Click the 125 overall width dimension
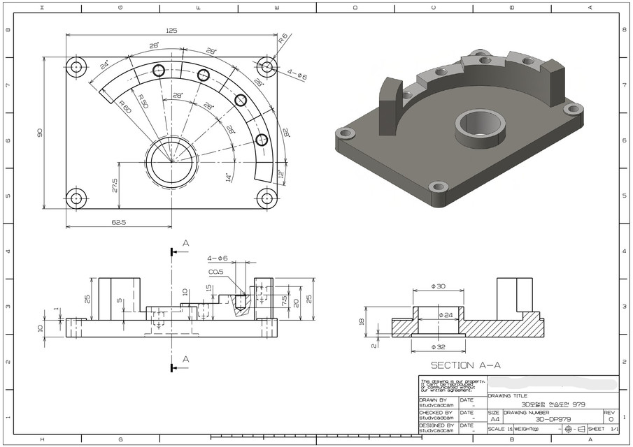(171, 31)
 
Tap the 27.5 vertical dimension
(114, 185)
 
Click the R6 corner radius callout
(283, 39)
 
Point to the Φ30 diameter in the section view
(437, 286)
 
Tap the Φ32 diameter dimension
(438, 346)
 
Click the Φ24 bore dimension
(446, 316)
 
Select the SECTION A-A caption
(465, 365)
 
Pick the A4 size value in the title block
(495, 419)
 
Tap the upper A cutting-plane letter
(185, 243)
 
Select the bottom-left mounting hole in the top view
(76, 198)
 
